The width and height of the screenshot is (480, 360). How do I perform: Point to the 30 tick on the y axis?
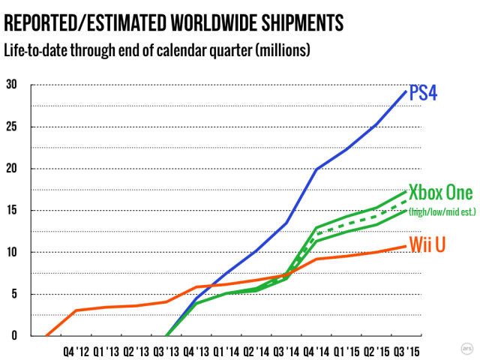(x=10, y=84)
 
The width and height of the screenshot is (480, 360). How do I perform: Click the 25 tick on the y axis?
(x=10, y=126)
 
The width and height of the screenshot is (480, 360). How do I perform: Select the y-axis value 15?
(x=10, y=210)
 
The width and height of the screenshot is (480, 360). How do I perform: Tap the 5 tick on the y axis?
(x=7, y=294)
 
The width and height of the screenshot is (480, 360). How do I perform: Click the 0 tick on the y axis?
(x=7, y=335)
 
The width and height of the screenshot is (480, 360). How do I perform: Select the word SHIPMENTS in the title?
(x=295, y=22)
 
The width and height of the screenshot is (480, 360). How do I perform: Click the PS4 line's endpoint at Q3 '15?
(x=406, y=91)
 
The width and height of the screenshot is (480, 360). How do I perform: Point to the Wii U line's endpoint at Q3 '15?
(x=406, y=246)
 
